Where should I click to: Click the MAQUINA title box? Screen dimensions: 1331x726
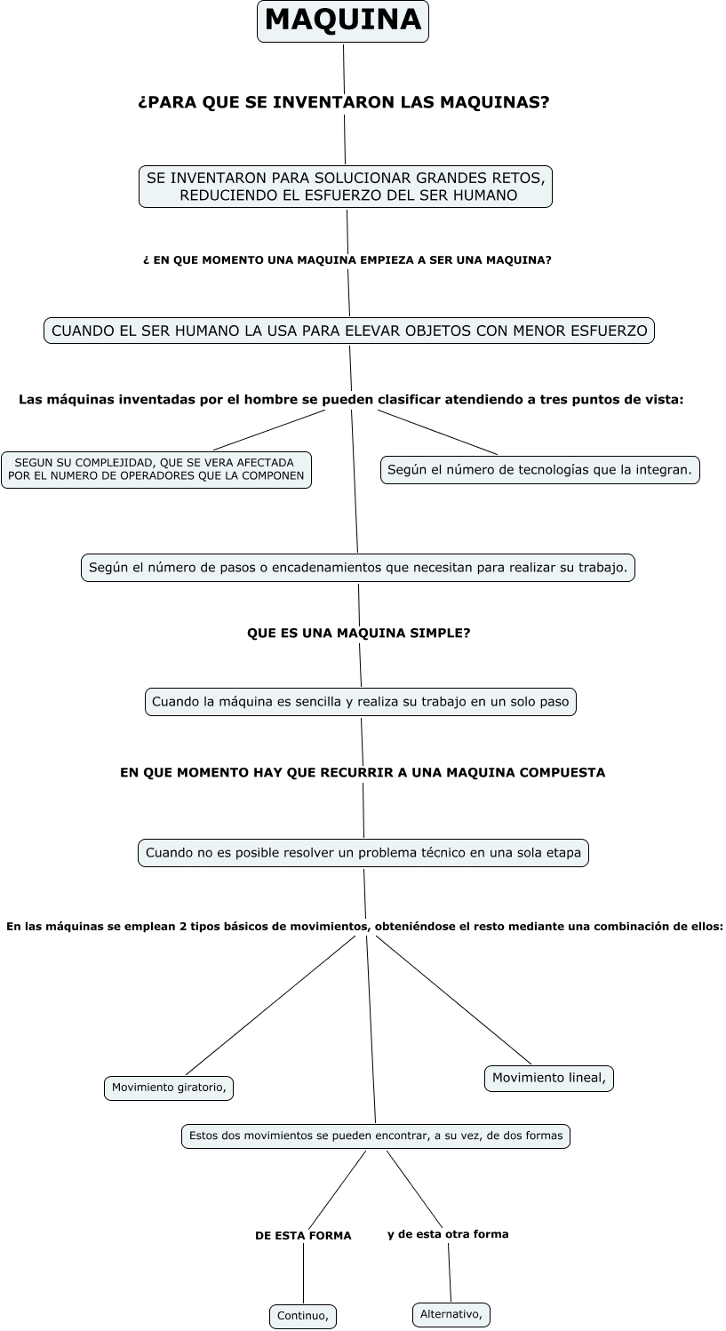[343, 20]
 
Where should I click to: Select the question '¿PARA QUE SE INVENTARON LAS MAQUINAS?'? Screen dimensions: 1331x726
[344, 103]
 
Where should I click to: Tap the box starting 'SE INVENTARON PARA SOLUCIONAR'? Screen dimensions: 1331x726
[346, 187]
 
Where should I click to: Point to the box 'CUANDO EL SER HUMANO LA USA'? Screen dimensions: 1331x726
[349, 331]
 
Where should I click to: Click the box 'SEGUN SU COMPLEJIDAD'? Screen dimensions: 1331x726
[156, 469]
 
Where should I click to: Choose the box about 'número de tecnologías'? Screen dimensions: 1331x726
[539, 469]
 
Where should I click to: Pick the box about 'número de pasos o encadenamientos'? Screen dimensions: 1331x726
[358, 567]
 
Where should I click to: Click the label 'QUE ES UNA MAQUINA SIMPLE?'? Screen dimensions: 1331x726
[358, 633]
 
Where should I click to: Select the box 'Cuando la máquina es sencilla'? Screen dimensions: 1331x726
[360, 702]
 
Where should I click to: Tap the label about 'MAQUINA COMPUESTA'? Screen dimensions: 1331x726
[363, 773]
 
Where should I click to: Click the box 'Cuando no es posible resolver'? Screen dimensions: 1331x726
[363, 853]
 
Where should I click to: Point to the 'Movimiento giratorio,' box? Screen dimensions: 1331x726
[169, 1088]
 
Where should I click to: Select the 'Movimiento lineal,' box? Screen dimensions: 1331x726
[549, 1079]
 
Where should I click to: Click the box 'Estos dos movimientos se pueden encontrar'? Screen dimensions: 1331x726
[376, 1136]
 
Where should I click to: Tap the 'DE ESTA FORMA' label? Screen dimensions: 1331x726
[303, 1235]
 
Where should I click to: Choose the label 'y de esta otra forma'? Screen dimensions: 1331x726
[448, 1234]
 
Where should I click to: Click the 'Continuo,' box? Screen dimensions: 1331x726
[303, 1316]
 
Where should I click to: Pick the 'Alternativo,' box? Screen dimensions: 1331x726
[451, 1314]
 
